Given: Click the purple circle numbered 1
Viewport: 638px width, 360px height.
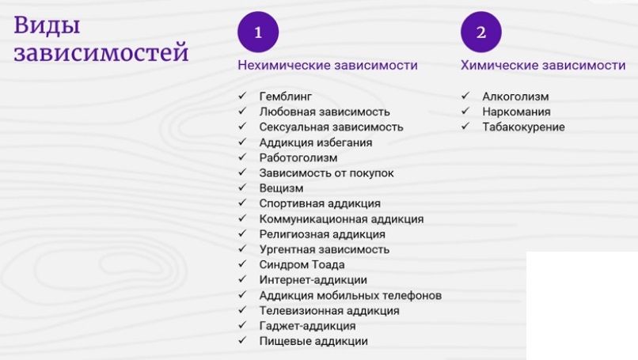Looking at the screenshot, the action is (258, 32).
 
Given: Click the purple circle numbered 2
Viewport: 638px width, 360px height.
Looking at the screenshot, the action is (481, 32).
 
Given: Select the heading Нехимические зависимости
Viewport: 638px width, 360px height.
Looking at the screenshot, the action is (328, 65).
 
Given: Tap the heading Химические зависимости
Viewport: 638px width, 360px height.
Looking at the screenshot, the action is (543, 65).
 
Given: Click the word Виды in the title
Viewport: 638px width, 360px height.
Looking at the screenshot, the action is (47, 25).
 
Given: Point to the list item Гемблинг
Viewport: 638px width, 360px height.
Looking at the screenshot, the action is (286, 97).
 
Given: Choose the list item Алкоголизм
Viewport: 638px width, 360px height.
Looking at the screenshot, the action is (515, 97).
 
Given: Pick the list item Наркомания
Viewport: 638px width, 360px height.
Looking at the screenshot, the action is (516, 112).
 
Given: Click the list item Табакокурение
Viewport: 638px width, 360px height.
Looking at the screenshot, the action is (524, 127).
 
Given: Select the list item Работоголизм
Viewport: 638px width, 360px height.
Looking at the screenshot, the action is (298, 157).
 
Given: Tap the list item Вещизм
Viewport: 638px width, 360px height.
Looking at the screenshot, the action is (281, 188).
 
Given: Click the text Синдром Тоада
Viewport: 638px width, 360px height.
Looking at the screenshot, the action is (302, 265).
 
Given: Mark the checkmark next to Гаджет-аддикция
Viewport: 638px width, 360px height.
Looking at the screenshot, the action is (242, 325).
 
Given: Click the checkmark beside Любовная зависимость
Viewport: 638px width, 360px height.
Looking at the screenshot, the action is (242, 111).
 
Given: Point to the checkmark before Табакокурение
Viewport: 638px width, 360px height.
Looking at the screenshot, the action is (465, 126).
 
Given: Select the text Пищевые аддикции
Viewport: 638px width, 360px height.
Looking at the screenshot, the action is (313, 341).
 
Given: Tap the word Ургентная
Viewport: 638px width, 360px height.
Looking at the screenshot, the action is (287, 249).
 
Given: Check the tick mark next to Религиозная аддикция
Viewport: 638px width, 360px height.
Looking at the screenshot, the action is (242, 233).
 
